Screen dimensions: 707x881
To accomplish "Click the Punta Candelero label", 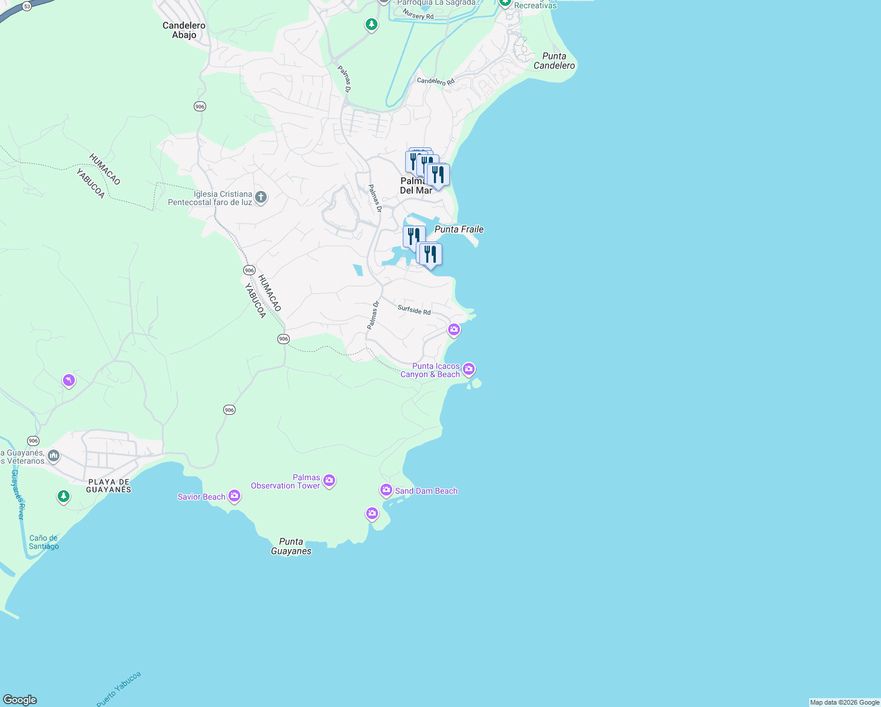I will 554,61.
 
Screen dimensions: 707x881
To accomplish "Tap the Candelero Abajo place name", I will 184,30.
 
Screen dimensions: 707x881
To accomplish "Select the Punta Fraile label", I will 459,229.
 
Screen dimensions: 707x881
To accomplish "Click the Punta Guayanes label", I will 291,546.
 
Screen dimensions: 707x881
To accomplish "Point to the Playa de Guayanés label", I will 109,486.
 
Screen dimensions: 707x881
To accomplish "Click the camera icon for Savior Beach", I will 234,496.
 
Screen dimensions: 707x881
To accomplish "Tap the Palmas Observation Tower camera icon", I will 329,481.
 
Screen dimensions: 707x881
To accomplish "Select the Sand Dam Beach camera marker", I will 386,490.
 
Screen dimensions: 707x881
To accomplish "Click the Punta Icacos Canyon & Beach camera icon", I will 469,369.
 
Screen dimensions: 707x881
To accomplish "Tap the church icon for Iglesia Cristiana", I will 261,197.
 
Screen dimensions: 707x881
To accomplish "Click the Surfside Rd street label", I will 414,310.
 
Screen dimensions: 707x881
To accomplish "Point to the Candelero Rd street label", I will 436,81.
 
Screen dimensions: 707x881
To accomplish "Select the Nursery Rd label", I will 418,15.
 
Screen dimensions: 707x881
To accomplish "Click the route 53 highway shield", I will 27,6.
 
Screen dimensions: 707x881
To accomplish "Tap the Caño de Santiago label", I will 44,542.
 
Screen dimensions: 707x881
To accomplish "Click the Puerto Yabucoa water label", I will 119,689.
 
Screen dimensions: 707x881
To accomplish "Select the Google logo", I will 19,700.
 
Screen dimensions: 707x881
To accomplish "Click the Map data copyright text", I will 844,702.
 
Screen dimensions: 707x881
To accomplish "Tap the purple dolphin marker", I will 69,381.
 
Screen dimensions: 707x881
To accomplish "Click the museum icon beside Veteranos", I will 54,456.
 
